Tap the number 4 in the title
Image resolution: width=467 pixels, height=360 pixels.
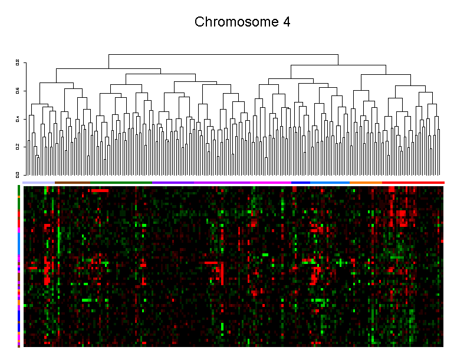pyautogui.click(x=286, y=22)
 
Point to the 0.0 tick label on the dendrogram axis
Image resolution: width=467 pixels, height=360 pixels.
pyautogui.click(x=18, y=174)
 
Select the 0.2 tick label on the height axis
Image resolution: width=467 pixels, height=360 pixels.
pyautogui.click(x=18, y=147)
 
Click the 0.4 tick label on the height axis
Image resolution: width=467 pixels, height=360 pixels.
pyautogui.click(x=18, y=119)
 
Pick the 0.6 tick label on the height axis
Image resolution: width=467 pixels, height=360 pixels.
pyautogui.click(x=18, y=91)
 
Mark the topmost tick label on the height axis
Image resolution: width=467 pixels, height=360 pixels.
pyautogui.click(x=18, y=62)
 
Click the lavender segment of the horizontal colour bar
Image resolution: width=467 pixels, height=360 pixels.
pyautogui.click(x=39, y=183)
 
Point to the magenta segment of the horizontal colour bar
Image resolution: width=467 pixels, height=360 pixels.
pyautogui.click(x=254, y=183)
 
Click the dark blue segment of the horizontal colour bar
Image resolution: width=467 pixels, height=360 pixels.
pyautogui.click(x=301, y=183)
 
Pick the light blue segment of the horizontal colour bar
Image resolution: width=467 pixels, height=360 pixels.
pyautogui.click(x=330, y=183)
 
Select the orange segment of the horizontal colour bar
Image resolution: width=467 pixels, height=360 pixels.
pyautogui.click(x=366, y=183)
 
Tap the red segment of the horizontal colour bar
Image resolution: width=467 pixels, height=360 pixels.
pyautogui.click(x=413, y=183)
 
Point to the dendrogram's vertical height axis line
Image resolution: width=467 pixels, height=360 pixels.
pyautogui.click(x=23, y=118)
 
